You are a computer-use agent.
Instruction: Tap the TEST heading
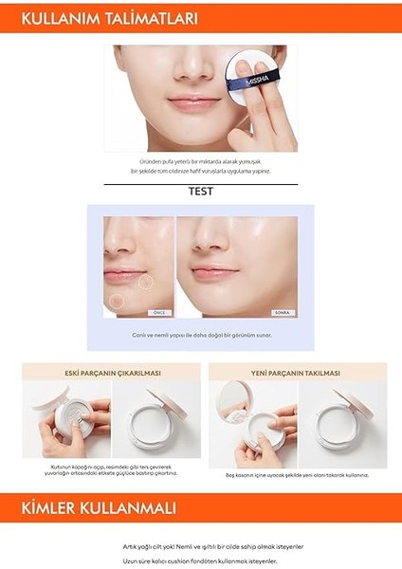(200, 191)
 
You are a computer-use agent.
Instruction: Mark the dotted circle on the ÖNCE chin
(115, 301)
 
